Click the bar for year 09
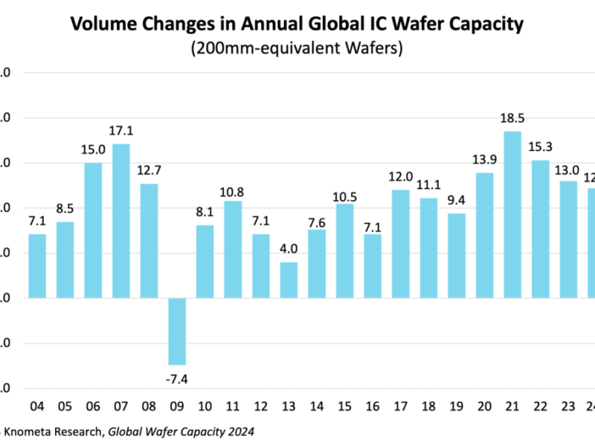pos(176,331)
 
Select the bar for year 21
pos(512,215)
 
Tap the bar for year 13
pos(289,280)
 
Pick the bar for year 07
pos(120,221)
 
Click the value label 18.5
pos(512,118)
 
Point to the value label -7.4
pos(176,378)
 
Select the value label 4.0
pos(289,249)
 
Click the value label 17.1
pos(120,131)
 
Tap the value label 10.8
pos(232,188)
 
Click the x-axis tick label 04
pos(36,406)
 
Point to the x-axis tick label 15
pos(344,406)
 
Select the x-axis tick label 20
pos(484,406)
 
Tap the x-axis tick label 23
pos(568,406)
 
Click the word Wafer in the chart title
pos(411,25)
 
